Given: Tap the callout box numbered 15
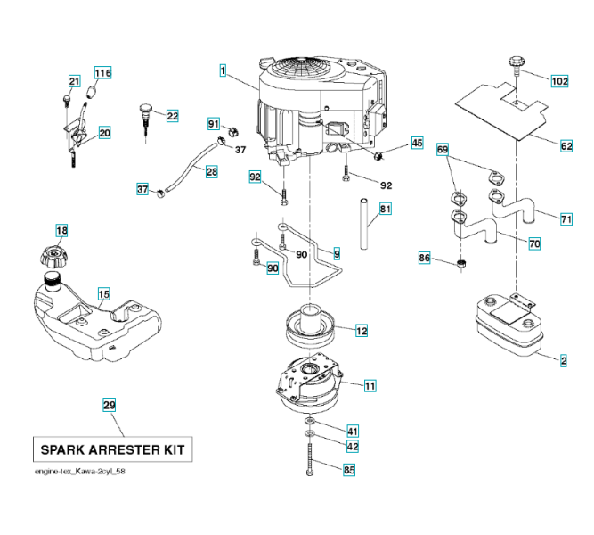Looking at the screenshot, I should (104, 293).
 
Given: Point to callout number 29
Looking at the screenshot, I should (110, 406).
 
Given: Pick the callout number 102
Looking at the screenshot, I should (559, 81).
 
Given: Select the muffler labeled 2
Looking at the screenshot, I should (508, 325).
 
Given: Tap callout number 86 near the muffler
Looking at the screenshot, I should (425, 259).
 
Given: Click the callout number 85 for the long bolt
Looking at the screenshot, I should (349, 470).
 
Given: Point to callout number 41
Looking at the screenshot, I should (353, 431).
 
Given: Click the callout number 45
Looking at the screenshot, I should (417, 143).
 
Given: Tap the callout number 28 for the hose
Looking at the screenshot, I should (211, 171).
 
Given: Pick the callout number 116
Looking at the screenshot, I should (103, 73).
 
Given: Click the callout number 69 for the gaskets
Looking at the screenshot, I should (443, 151).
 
